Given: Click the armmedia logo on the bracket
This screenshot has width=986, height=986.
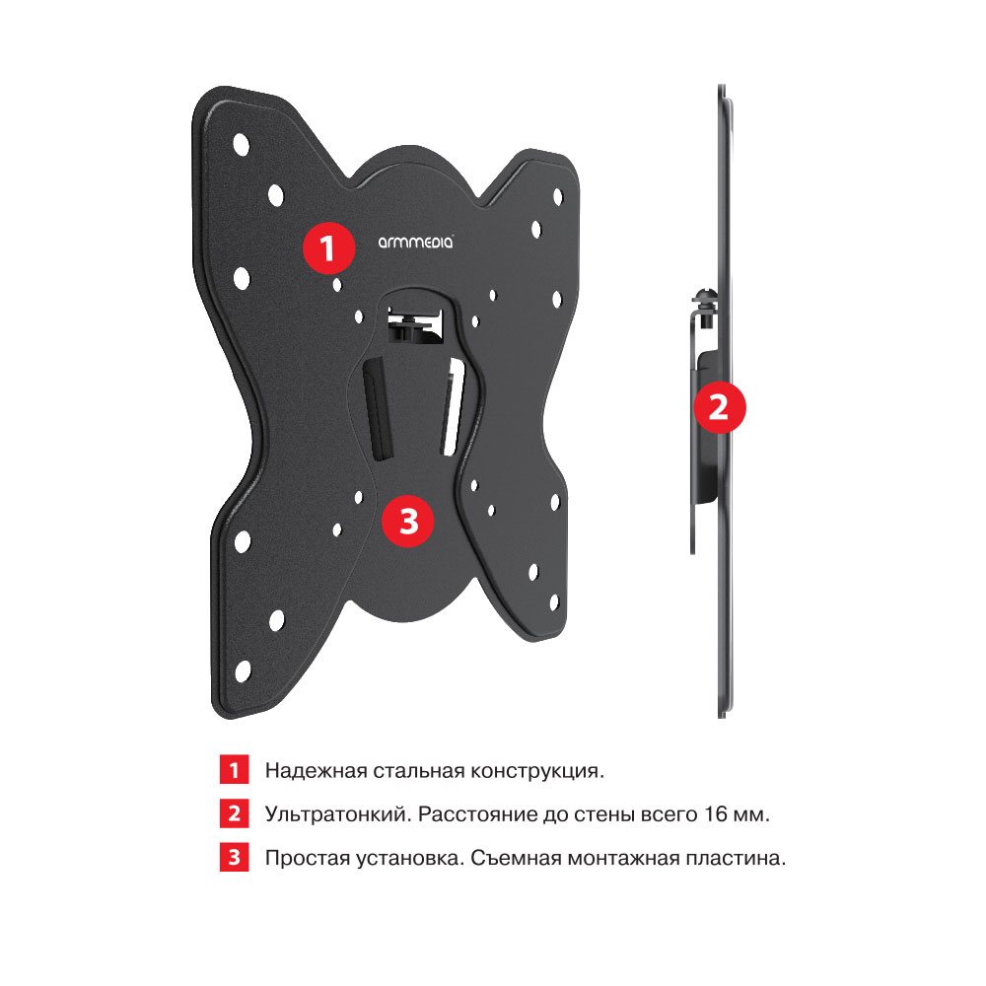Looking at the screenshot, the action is coord(415,243).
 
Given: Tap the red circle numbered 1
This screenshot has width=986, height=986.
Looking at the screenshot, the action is coord(328,247).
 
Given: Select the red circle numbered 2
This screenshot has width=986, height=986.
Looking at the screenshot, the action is coord(720,407).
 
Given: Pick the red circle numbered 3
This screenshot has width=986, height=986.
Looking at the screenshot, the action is coord(408,521).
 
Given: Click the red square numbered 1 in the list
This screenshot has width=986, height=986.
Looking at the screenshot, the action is coord(234,770).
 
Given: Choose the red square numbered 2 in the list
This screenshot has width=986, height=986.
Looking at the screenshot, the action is coord(234,813).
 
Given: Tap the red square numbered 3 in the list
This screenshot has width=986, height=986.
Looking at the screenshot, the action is coord(234,857).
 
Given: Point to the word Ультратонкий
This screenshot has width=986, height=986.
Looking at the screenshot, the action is coord(338,815).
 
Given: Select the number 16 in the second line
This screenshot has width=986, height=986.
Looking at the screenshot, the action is coord(716,814).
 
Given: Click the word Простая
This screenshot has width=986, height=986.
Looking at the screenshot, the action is coord(308,859).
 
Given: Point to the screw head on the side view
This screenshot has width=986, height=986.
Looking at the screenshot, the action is coord(705,295).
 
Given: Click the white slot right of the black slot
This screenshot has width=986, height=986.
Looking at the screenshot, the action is coord(454,407).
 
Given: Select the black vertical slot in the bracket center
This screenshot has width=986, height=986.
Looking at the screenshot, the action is coord(378,409).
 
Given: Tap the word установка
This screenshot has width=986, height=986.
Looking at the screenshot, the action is coord(410,859).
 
